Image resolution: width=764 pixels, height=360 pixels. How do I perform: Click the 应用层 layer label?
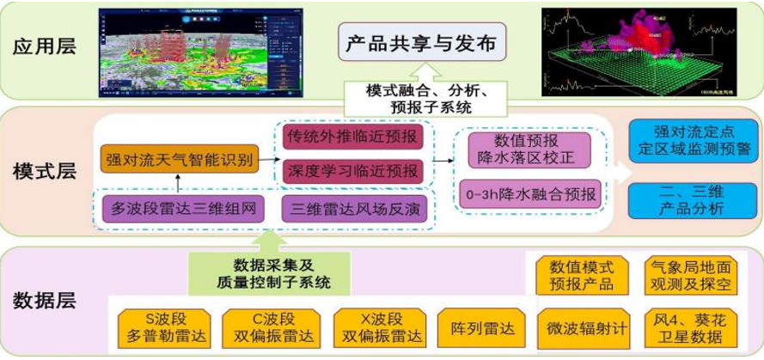point(45,46)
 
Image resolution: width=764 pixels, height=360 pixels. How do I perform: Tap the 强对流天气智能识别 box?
point(179,159)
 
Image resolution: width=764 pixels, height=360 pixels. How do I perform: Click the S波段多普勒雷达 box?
point(159,327)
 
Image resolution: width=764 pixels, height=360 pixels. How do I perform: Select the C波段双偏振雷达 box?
point(268,327)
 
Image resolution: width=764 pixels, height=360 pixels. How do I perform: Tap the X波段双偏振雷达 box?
point(380,327)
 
